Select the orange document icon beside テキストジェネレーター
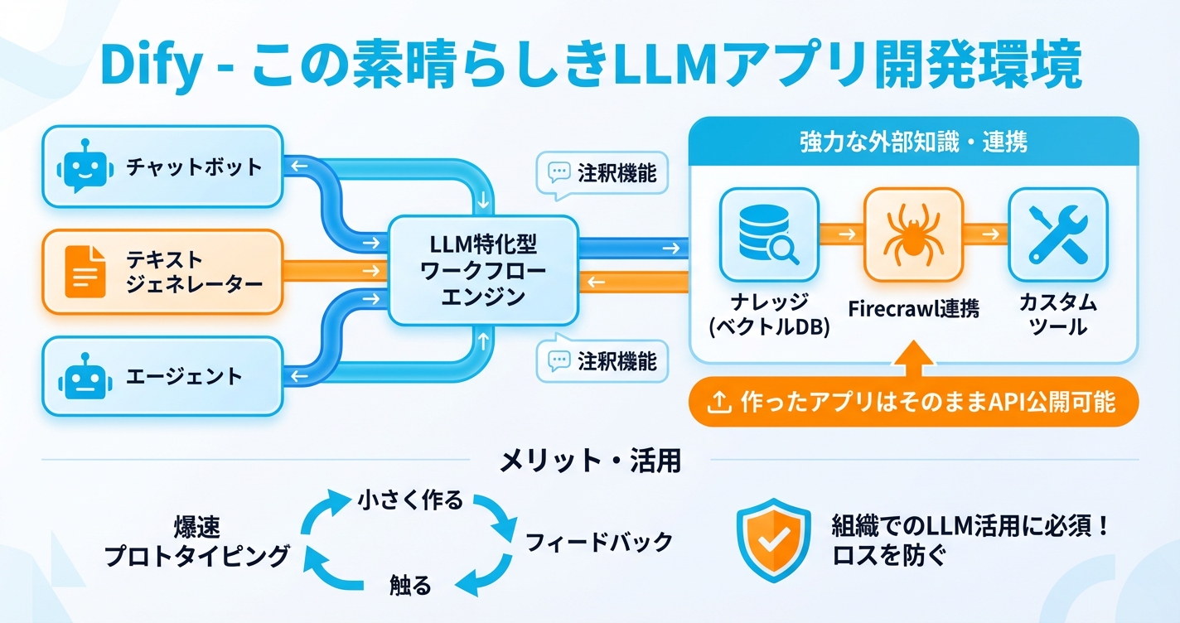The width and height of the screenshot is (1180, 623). (85, 272)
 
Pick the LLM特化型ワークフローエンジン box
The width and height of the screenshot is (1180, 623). (483, 270)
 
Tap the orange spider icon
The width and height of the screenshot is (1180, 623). (913, 235)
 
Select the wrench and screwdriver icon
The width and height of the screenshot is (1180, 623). (1057, 235)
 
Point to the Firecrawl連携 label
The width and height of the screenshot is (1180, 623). (913, 309)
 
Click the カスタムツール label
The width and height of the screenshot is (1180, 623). (1057, 315)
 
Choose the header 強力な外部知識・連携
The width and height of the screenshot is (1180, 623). (913, 142)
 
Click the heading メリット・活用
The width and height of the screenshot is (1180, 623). (590, 461)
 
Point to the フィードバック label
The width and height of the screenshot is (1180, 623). (599, 543)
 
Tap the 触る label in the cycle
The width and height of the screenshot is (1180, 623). (410, 586)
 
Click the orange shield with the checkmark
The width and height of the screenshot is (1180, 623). (773, 541)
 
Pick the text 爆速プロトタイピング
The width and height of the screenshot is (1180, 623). (197, 543)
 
